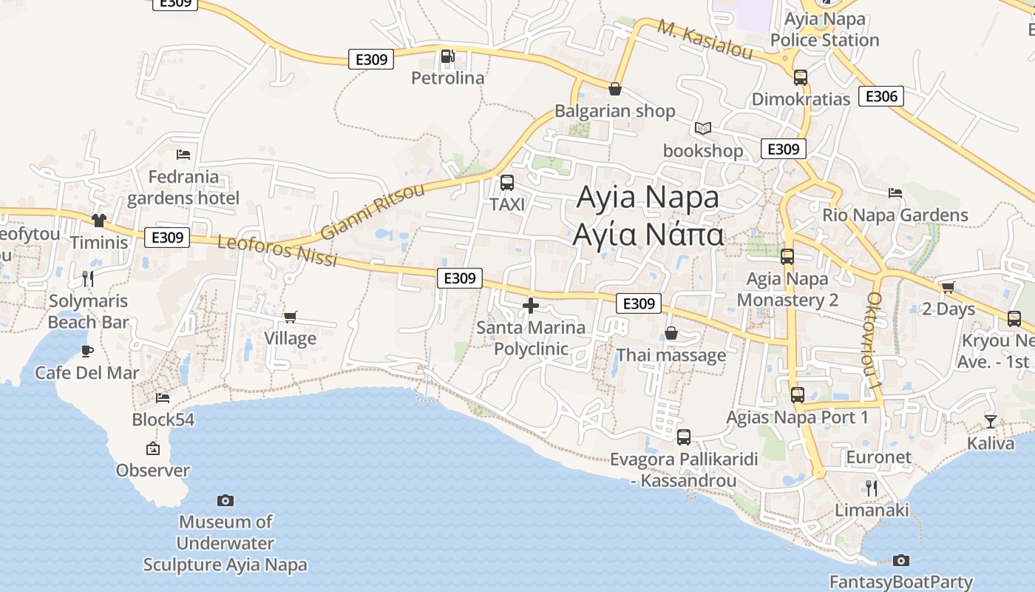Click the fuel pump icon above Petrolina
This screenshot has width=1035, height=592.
447,56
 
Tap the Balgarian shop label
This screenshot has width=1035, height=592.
614,111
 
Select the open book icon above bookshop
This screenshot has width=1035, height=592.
702,129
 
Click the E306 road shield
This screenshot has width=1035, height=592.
880,96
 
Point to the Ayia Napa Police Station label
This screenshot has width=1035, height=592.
825,30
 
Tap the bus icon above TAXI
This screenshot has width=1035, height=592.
507,183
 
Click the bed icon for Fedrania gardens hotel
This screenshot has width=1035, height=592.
183,155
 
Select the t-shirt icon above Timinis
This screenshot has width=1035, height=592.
98,220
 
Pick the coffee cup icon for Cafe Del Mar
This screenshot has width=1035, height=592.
87,351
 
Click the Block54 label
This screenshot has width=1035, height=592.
163,420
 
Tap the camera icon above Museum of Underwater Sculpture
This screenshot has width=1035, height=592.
225,501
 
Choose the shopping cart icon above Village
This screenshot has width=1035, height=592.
291,317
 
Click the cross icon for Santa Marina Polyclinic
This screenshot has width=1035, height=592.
530,305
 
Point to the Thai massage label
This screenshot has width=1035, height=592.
671,355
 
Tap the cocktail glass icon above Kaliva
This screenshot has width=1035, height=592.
990,422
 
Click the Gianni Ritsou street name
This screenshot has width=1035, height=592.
373,212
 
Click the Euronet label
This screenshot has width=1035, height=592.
879,457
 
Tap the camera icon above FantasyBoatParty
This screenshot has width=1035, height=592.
900,560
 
